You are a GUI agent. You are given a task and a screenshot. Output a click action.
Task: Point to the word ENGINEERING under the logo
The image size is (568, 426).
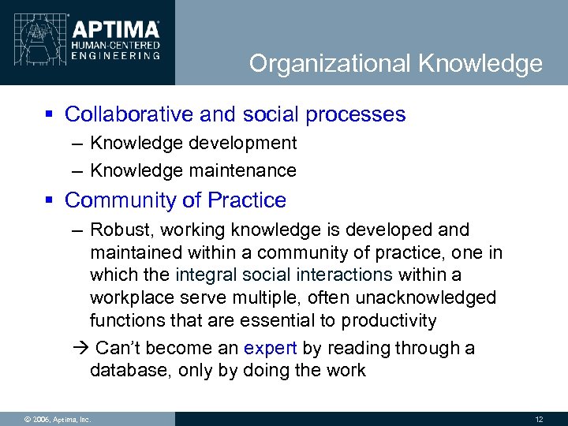[116, 55]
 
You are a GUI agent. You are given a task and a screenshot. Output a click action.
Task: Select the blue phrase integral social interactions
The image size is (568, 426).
[283, 275]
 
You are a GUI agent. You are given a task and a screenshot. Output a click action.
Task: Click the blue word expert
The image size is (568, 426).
[271, 348]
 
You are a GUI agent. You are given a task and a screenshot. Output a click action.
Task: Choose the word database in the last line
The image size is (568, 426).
[129, 370]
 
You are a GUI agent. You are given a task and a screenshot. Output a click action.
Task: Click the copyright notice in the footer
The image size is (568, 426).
[47, 419]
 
